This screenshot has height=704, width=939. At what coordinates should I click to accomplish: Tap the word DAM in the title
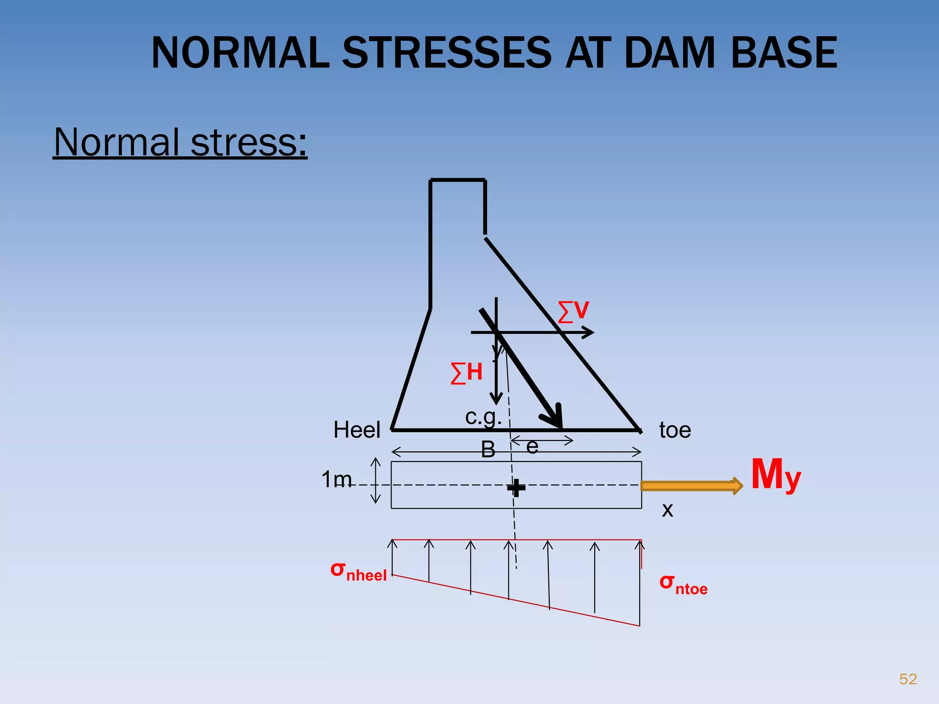[670, 53]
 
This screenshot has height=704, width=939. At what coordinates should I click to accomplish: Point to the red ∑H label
[467, 372]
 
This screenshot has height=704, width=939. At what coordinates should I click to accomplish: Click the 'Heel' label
[357, 430]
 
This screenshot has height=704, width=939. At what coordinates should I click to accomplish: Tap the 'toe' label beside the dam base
[675, 430]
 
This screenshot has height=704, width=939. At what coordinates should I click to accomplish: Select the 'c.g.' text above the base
[483, 417]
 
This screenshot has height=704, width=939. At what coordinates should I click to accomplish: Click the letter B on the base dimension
[488, 449]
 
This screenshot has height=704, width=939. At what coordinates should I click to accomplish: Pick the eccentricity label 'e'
[532, 446]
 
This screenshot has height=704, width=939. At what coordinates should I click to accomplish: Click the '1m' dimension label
[337, 480]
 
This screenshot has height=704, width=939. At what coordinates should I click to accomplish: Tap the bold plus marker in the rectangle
[516, 488]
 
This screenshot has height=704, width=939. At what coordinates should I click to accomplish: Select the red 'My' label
[776, 476]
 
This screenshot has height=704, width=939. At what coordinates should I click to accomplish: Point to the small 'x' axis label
[668, 510]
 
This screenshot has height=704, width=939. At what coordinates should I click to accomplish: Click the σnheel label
[359, 571]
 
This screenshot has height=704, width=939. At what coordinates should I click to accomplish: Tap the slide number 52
[908, 679]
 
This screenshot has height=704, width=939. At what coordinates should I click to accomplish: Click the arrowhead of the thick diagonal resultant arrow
[555, 419]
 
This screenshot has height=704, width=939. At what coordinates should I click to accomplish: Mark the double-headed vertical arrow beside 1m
[376, 480]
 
